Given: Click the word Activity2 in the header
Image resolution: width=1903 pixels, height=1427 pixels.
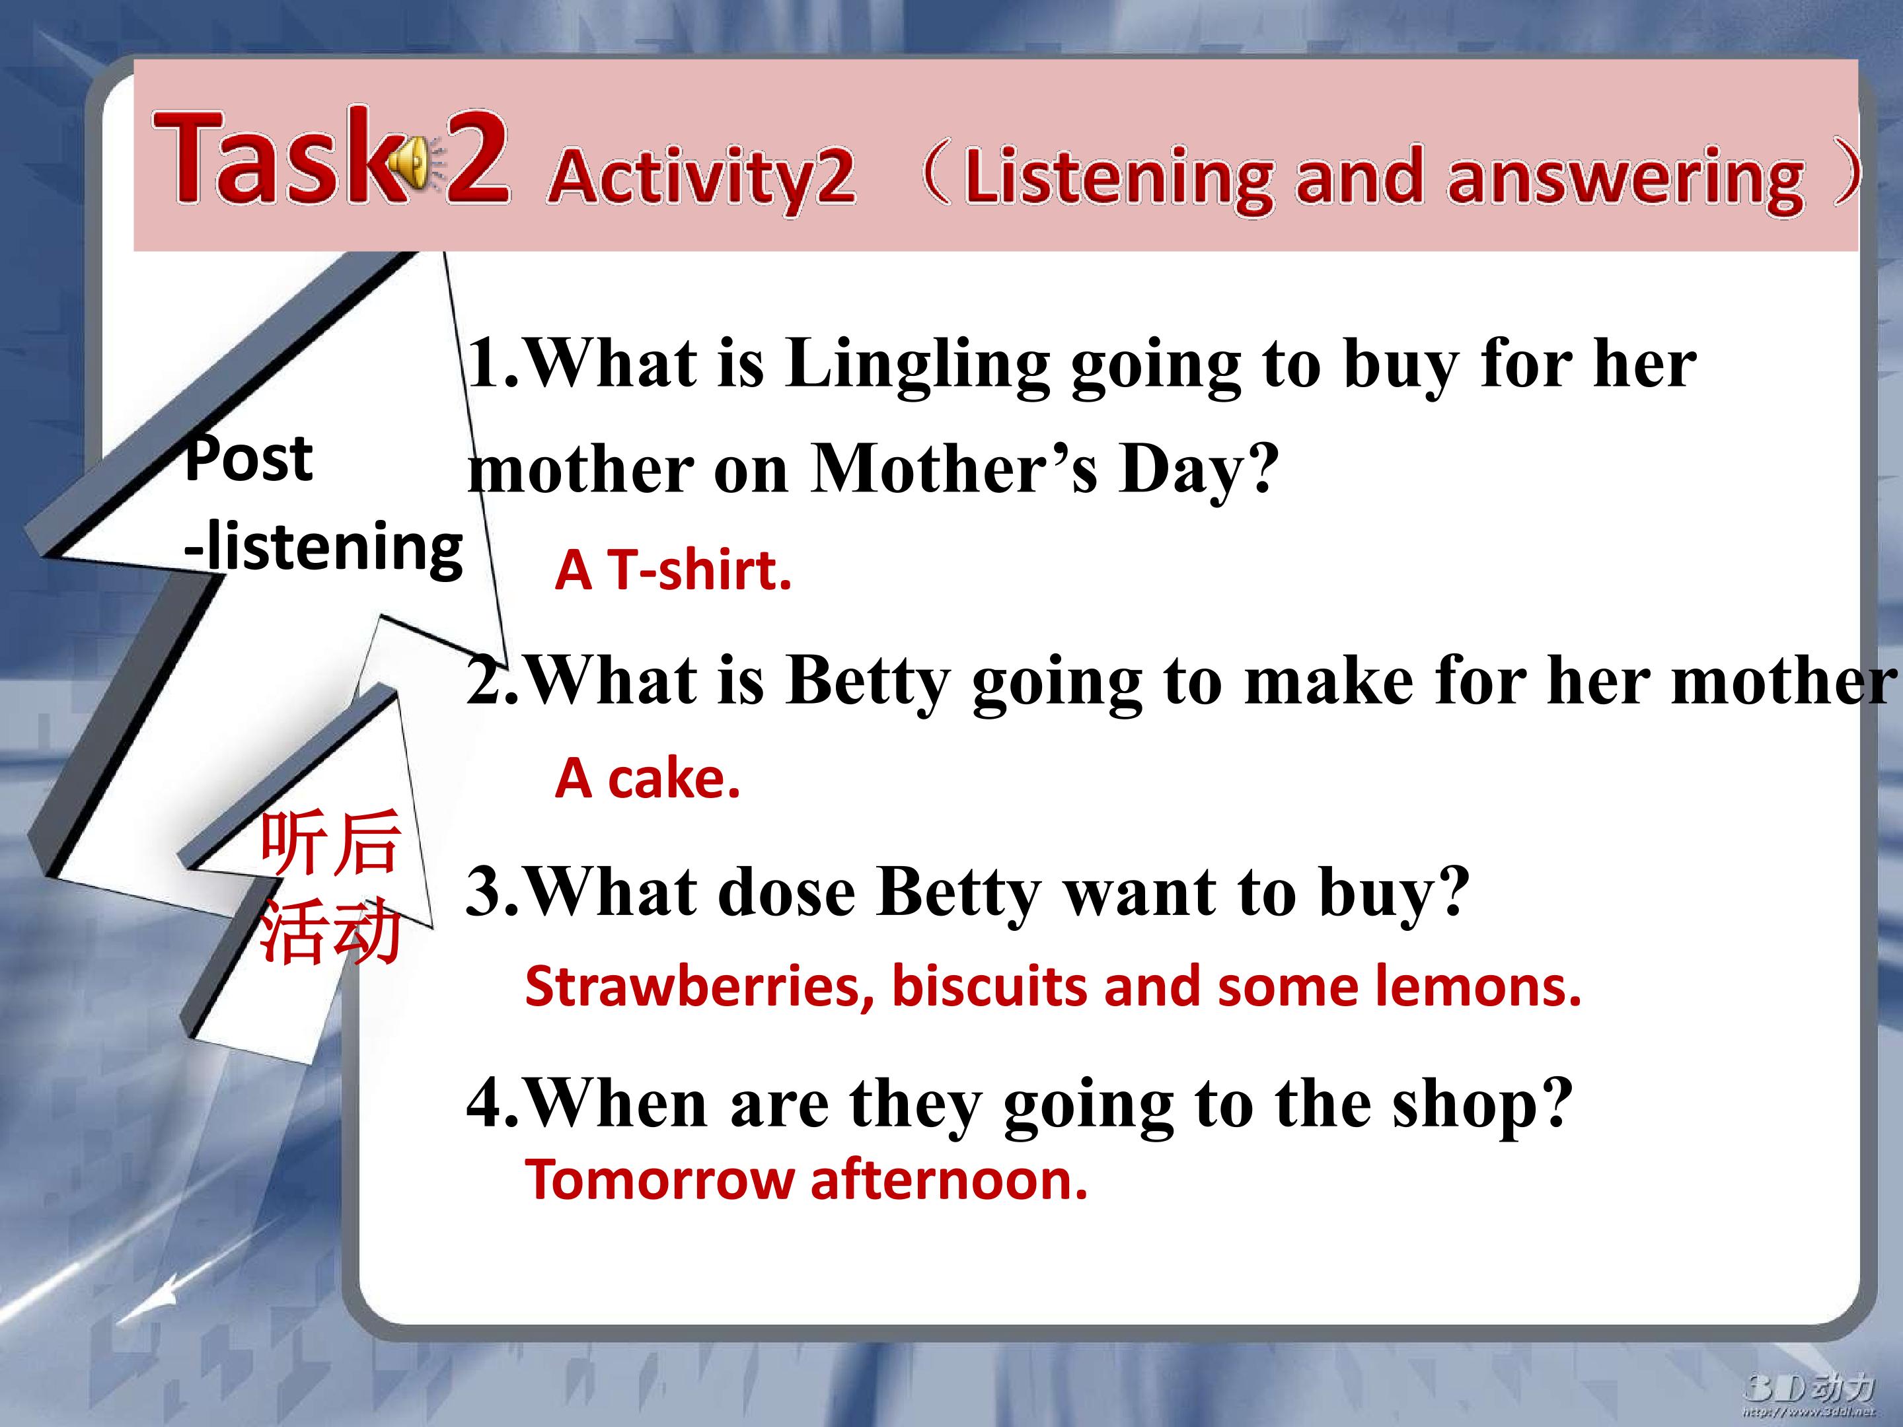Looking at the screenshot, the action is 701,177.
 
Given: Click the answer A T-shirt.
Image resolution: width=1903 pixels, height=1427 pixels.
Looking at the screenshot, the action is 673,570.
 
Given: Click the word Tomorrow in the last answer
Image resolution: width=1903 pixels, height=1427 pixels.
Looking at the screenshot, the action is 659,1180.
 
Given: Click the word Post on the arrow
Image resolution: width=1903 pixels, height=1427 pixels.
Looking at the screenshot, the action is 248,458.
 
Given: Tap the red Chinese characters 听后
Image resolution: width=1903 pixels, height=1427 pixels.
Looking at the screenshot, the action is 330,842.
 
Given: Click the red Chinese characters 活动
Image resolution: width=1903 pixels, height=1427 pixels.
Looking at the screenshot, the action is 330,932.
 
